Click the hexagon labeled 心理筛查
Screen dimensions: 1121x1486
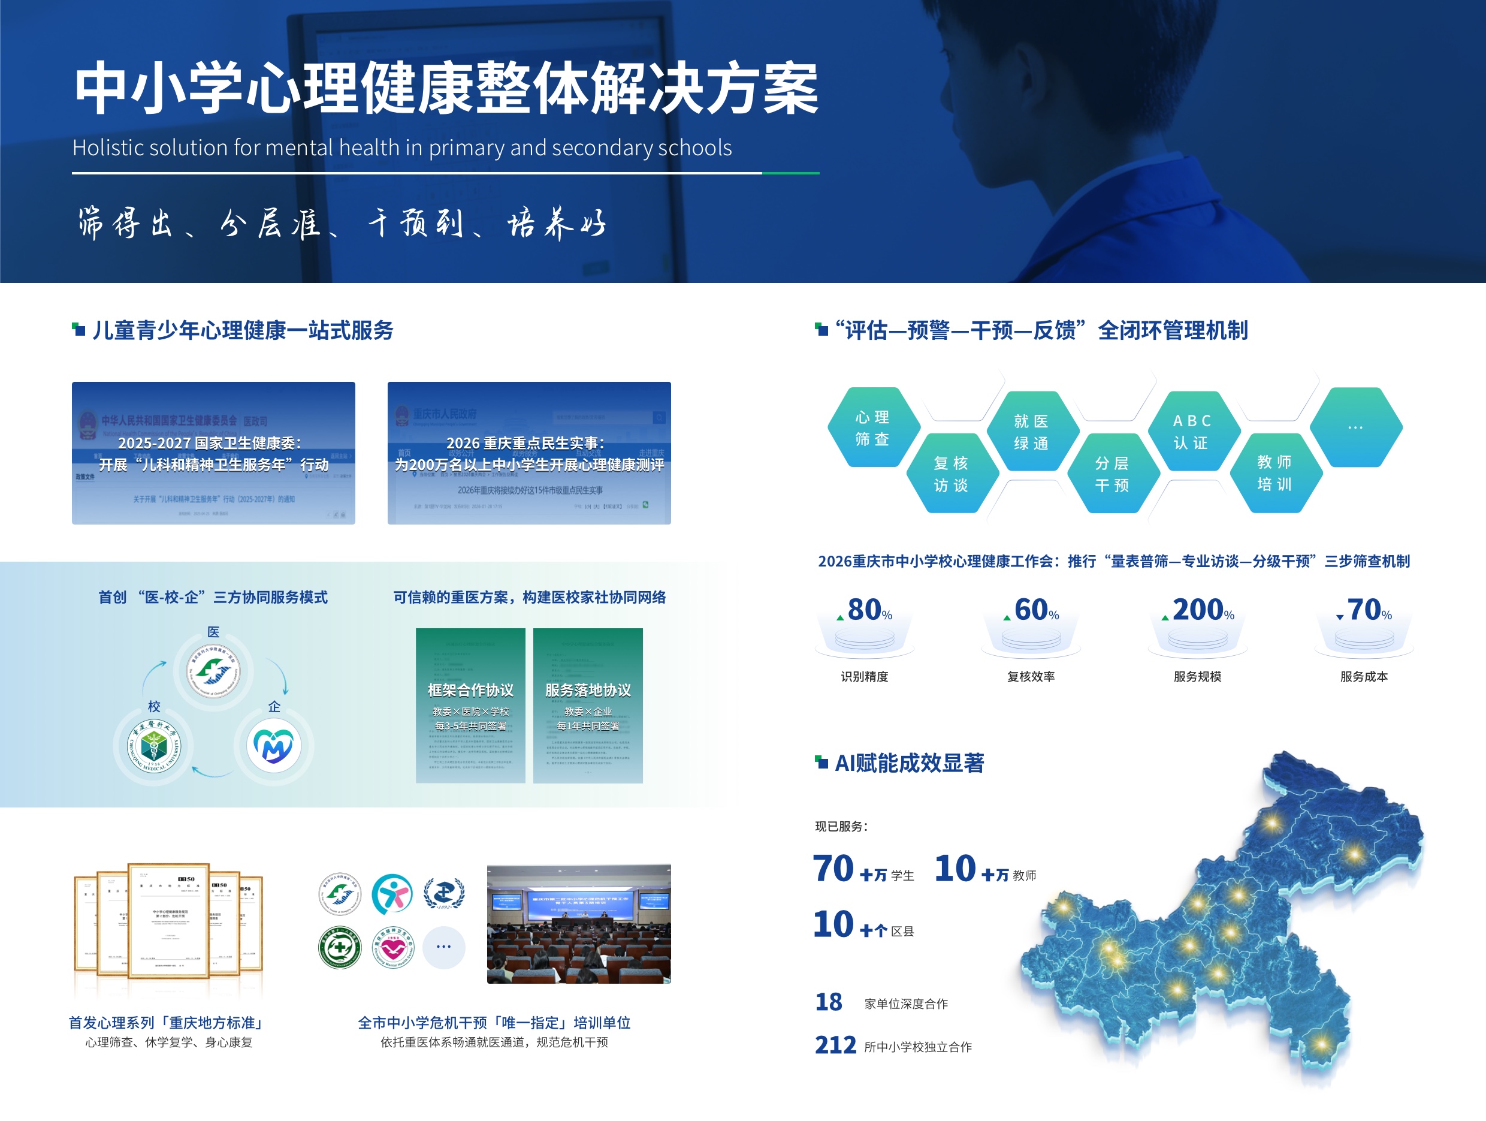pyautogui.click(x=872, y=427)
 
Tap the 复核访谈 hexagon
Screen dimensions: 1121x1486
pyautogui.click(x=952, y=474)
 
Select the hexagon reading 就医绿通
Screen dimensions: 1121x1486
pyautogui.click(x=1032, y=432)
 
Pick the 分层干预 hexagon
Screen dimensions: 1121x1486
pyautogui.click(x=1113, y=474)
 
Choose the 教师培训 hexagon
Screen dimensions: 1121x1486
pyautogui.click(x=1275, y=473)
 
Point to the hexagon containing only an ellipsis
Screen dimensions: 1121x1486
pyautogui.click(x=1355, y=427)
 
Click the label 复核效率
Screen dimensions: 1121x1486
pyautogui.click(x=1031, y=677)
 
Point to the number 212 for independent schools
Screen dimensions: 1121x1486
pyautogui.click(x=835, y=1045)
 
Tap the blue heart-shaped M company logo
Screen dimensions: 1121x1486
pyautogui.click(x=273, y=745)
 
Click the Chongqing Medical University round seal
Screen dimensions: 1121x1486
pyautogui.click(x=154, y=745)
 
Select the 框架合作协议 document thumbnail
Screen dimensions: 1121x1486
pyautogui.click(x=470, y=706)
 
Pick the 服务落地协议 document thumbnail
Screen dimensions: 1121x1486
pyautogui.click(x=588, y=706)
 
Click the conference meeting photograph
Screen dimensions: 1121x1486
pyautogui.click(x=578, y=924)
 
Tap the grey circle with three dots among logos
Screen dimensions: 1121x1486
pyautogui.click(x=443, y=947)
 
